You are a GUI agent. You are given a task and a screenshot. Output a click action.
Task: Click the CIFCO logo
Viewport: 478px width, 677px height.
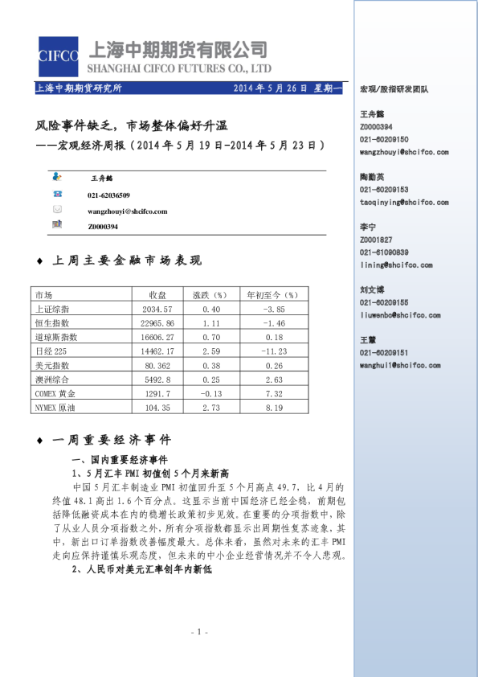click(59, 56)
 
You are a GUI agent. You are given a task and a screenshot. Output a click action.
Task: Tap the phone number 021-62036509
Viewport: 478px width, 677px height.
click(108, 195)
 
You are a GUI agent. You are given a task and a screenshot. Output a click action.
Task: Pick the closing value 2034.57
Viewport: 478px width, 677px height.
click(157, 309)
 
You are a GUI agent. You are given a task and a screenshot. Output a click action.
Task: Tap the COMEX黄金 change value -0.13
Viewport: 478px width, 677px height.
click(211, 393)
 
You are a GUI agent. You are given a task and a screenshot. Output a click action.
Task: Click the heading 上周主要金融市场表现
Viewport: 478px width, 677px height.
click(126, 261)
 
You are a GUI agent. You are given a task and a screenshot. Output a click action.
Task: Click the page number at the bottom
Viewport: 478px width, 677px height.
click(202, 632)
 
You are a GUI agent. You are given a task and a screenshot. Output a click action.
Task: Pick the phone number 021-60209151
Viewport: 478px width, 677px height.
click(384, 353)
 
